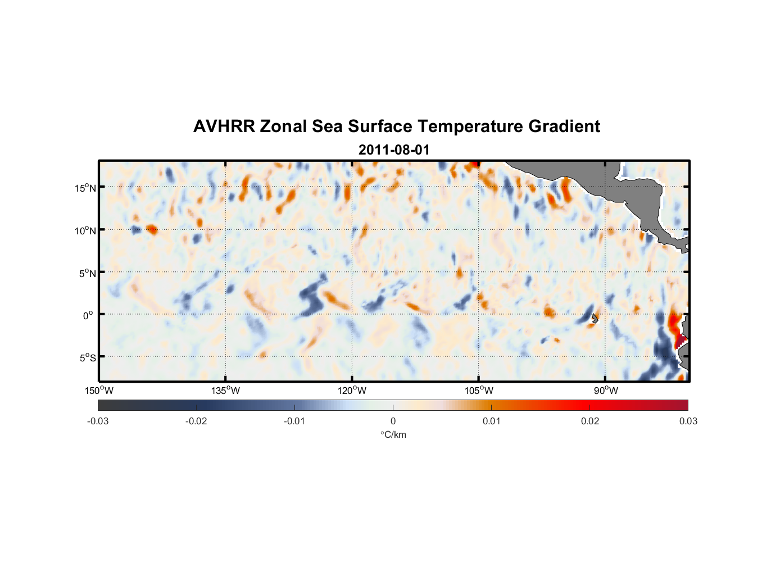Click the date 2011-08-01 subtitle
[x=394, y=150]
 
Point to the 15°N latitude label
[x=85, y=188]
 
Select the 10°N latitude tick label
[x=85, y=230]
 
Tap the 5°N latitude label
[x=87, y=273]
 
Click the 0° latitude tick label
[x=88, y=315]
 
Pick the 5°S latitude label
[x=87, y=358]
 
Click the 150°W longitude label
[x=99, y=391]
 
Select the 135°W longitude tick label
[x=225, y=391]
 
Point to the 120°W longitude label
[x=352, y=391]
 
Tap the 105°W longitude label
[x=479, y=391]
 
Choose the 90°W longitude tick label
[x=605, y=391]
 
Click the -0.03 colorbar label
[x=98, y=421]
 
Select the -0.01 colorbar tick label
[x=294, y=421]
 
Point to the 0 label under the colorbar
[x=393, y=421]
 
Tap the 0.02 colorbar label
[x=590, y=421]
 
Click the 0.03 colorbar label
[x=688, y=421]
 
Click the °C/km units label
[x=393, y=434]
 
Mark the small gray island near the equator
[x=595, y=318]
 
